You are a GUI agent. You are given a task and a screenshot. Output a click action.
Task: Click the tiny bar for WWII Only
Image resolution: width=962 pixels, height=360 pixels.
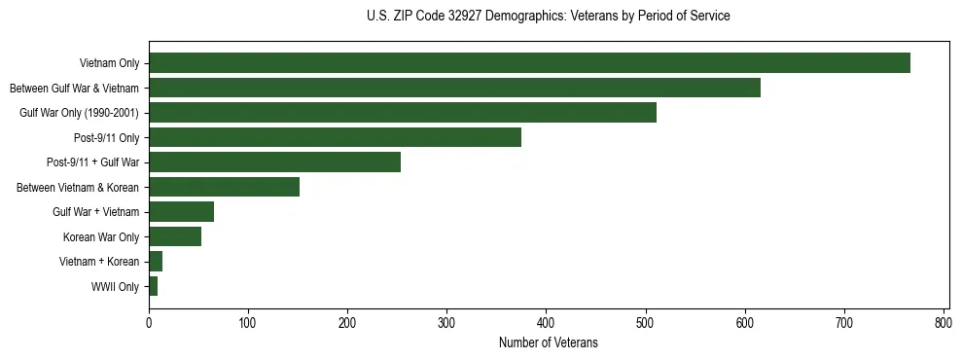tap(153, 286)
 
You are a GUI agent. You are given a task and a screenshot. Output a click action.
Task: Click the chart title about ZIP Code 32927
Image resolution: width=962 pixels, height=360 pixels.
tap(549, 17)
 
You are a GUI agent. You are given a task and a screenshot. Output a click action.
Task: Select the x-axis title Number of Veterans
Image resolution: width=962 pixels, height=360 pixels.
tap(549, 343)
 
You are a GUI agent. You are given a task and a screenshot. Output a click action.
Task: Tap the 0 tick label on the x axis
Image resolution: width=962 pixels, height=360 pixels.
tap(149, 322)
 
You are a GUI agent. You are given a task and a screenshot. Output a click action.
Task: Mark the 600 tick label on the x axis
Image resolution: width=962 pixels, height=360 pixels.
tap(744, 322)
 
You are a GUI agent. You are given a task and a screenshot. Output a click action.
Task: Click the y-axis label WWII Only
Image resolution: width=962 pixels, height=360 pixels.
tap(115, 287)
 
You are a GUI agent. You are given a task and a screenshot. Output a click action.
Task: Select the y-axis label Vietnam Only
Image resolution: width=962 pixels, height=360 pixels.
tap(109, 64)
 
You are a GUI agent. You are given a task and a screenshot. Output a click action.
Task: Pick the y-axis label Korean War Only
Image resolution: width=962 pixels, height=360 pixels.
tap(101, 237)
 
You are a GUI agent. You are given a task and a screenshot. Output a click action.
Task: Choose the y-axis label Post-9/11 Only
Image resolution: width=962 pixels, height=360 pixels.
tap(106, 138)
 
